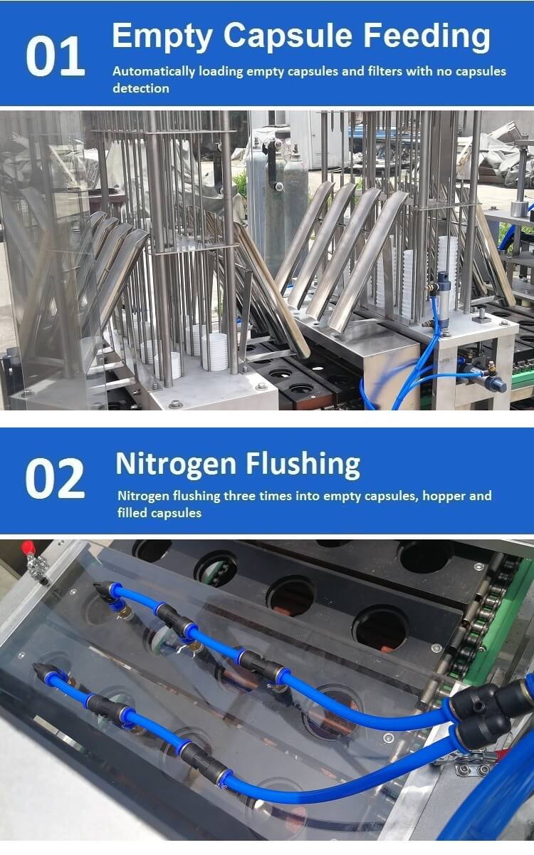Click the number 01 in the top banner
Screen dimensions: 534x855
56,56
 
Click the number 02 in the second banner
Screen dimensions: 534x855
56,479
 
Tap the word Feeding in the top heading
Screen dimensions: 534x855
426,36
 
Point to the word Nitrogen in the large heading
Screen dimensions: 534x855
176,465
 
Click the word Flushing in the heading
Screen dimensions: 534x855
303,465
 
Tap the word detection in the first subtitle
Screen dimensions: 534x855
141,88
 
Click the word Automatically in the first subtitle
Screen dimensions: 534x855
154,71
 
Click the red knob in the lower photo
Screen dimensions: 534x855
28,549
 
